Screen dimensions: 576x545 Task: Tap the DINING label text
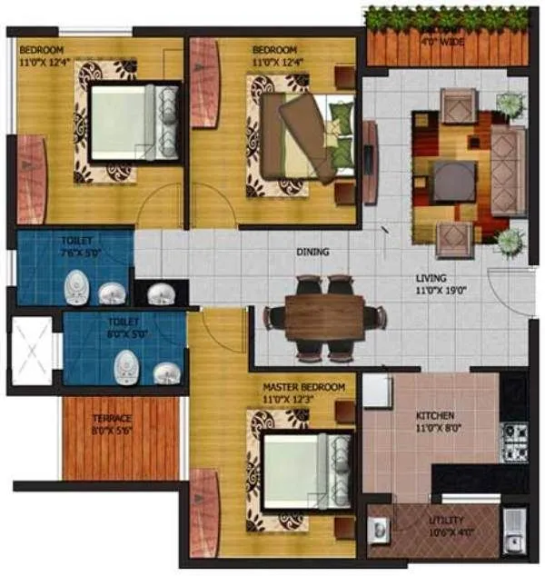click(312, 252)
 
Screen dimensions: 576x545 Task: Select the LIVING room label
click(433, 279)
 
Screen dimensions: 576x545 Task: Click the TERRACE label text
click(113, 420)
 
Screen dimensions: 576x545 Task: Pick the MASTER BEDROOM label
click(303, 388)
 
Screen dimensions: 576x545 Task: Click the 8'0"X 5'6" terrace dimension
click(113, 432)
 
